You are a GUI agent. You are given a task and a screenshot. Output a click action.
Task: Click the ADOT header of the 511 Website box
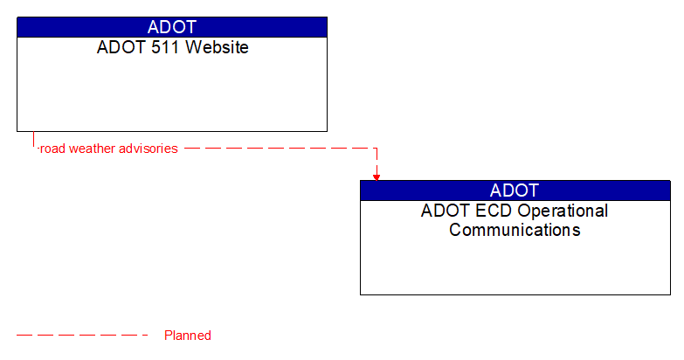[x=172, y=27]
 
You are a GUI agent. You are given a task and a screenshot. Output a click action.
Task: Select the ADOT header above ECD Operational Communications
[x=515, y=190]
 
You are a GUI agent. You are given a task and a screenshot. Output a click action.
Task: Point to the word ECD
[x=494, y=211]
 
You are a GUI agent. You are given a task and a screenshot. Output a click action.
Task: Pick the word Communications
[x=515, y=231]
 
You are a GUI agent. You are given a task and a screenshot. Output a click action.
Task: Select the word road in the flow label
[x=53, y=149]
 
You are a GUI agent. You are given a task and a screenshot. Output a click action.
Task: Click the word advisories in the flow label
[x=149, y=149]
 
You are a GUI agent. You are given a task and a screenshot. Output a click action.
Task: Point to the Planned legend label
[x=188, y=336]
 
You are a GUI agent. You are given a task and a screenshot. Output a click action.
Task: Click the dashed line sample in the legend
[x=83, y=335]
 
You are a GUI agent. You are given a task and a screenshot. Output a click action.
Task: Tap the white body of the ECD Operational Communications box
[x=515, y=267]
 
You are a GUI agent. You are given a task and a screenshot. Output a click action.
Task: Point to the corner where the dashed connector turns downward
[x=377, y=149]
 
